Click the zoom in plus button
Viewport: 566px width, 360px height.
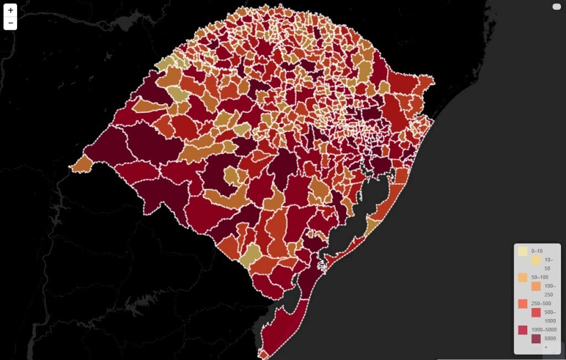click(x=11, y=10)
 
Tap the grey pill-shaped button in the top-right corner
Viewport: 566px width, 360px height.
click(x=557, y=7)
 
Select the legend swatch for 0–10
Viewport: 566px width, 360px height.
click(x=522, y=251)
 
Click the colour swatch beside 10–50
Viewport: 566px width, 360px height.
click(x=536, y=260)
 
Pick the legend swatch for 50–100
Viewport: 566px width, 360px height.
click(x=522, y=277)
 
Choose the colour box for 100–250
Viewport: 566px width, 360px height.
click(x=536, y=286)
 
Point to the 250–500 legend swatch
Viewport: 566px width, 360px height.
click(x=522, y=304)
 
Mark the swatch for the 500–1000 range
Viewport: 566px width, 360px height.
click(x=536, y=312)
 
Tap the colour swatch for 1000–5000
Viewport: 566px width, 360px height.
click(x=522, y=330)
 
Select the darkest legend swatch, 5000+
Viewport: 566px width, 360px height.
click(x=536, y=339)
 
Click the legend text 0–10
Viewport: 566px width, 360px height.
click(x=537, y=251)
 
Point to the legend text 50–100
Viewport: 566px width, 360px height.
click(x=539, y=277)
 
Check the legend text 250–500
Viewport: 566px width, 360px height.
click(x=541, y=304)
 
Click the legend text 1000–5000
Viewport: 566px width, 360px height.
click(x=544, y=330)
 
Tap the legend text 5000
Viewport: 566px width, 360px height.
click(x=550, y=338)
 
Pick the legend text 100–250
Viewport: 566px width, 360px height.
click(x=549, y=290)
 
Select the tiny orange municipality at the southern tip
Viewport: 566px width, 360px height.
click(x=264, y=353)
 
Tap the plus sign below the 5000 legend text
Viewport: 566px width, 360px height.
click(x=546, y=347)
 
